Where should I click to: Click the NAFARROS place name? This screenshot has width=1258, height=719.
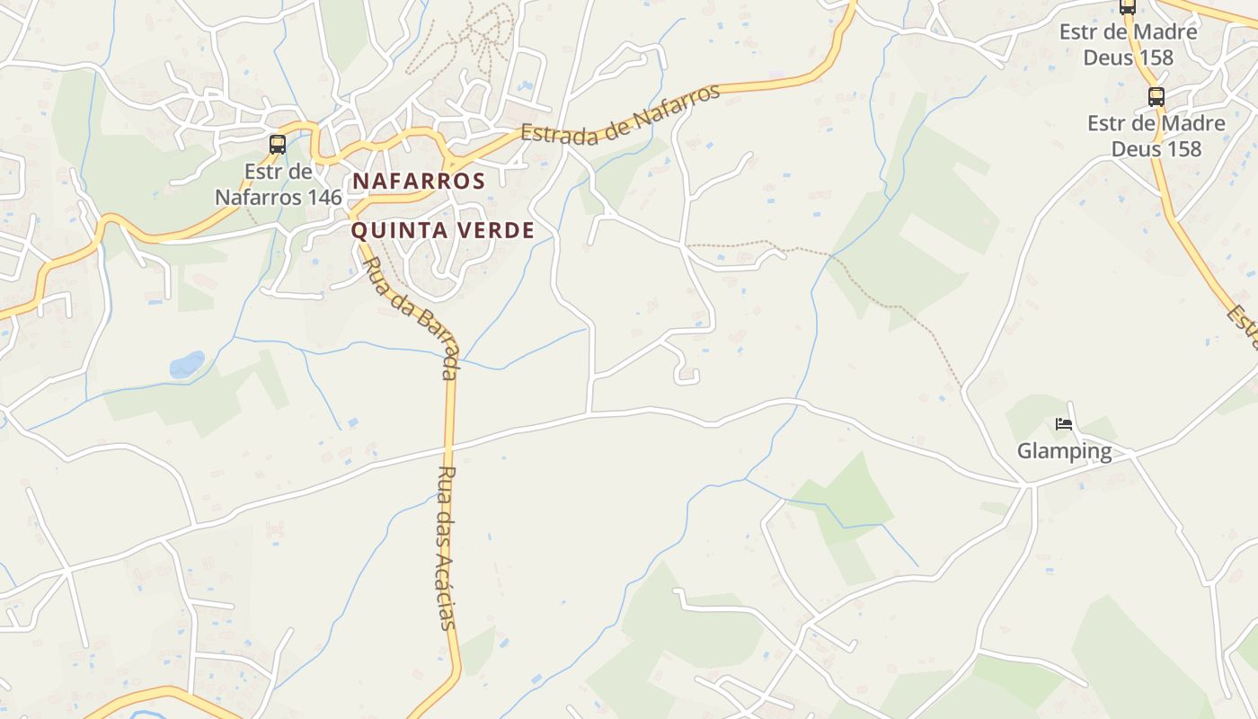pyautogui.click(x=419, y=181)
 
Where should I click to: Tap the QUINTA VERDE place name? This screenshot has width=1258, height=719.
pyautogui.click(x=442, y=230)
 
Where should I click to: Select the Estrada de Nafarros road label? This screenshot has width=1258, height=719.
pyautogui.click(x=621, y=114)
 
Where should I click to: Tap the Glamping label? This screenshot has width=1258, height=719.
pyautogui.click(x=1064, y=450)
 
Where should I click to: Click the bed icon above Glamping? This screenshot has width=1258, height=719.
pyautogui.click(x=1064, y=424)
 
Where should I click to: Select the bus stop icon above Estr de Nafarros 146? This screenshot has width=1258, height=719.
pyautogui.click(x=278, y=144)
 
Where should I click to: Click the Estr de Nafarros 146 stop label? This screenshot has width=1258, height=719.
pyautogui.click(x=278, y=183)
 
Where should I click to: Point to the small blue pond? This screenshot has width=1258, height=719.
pyautogui.click(x=187, y=364)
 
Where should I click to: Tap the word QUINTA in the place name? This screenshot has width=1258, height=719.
pyautogui.click(x=393, y=230)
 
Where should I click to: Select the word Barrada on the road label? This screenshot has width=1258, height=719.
pyautogui.click(x=435, y=341)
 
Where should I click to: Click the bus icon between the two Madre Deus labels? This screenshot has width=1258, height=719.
pyautogui.click(x=1156, y=97)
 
